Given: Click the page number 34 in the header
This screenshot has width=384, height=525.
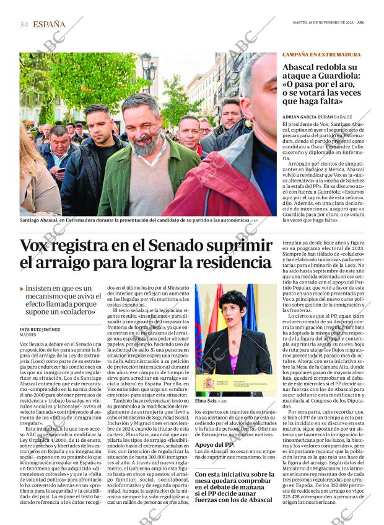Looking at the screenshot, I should (24, 25).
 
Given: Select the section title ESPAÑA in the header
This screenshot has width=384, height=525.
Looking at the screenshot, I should (49, 25).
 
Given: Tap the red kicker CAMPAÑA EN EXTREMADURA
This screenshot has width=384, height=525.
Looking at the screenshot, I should (321, 55).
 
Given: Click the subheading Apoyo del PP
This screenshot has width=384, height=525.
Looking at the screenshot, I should (214, 444).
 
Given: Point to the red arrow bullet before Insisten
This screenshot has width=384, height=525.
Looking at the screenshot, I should (22, 289).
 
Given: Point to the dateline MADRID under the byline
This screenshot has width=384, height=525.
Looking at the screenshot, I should (28, 335).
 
